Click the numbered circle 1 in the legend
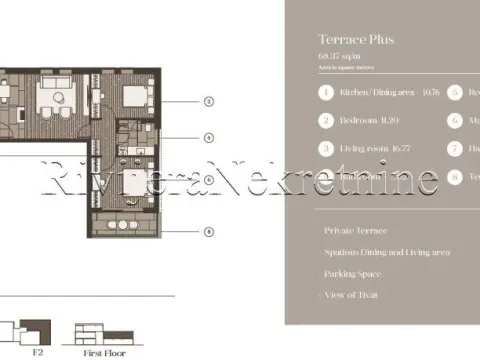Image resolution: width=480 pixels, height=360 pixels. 325,93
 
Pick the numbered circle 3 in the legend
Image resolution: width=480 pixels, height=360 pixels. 325,148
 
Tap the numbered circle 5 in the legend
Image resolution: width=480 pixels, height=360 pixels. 455,93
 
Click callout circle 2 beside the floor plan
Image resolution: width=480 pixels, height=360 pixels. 208,101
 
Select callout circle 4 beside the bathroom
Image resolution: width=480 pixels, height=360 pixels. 208,138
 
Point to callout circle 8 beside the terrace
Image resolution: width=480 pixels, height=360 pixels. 208,232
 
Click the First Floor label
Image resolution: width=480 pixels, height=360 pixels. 102,352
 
